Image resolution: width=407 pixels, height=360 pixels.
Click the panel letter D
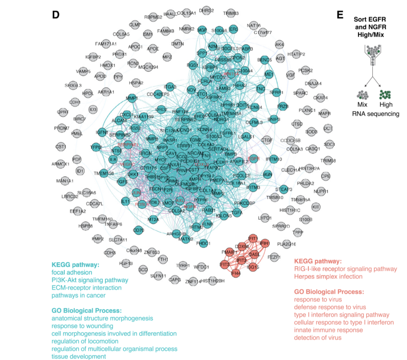[55, 15]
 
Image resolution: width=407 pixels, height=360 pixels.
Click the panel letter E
[340, 15]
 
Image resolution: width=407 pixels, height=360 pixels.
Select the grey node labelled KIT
[316, 207]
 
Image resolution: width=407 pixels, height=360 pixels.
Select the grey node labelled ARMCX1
[60, 164]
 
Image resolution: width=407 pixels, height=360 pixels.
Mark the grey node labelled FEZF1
[274, 257]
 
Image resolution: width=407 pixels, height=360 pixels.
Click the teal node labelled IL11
[125, 201]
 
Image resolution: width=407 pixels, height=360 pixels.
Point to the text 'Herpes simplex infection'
[328, 277]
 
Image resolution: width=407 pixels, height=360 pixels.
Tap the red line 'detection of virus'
[318, 337]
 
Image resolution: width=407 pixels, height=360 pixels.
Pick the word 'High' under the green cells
[386, 104]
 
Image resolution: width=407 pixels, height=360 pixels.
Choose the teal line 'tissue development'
[79, 356]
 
